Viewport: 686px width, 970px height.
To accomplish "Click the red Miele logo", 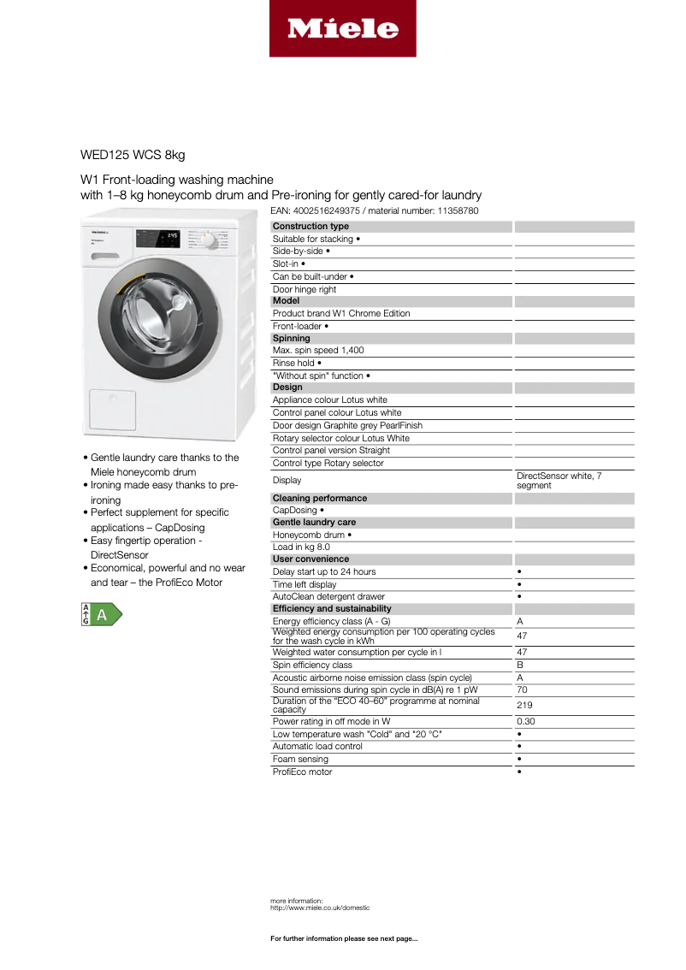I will (342, 29).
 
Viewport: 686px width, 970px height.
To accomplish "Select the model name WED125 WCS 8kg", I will (133, 156).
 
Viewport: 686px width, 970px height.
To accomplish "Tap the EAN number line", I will (374, 210).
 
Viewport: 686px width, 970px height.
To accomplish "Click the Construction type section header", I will (310, 227).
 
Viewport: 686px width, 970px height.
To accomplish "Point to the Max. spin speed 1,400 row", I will (318, 351).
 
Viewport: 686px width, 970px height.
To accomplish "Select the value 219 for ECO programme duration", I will (524, 706).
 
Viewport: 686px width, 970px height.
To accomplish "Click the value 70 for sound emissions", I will (521, 689).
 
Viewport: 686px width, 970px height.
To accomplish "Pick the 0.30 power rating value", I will (525, 722).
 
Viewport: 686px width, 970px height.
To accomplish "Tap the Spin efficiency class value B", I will (520, 665).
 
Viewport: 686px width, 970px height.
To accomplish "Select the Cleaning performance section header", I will (319, 499).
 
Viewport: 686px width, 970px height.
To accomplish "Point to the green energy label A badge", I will (102, 614).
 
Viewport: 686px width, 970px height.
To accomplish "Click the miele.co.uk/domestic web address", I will (320, 908).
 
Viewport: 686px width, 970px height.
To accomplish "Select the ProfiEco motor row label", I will (302, 772).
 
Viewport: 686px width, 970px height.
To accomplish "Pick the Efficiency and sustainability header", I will (332, 609).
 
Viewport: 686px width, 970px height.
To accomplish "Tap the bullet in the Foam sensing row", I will (520, 760).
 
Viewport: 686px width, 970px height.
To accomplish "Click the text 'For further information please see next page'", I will (344, 939).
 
